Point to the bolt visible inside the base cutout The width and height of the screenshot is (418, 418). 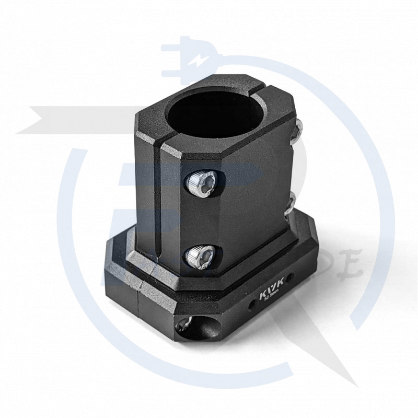(184, 327)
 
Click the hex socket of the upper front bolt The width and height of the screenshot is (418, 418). (205, 182)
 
